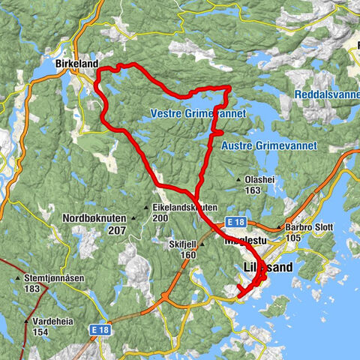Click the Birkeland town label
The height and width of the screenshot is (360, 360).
coord(76,65)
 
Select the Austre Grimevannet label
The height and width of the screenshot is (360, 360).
coord(270,145)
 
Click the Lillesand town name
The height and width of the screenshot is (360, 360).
coord(268,268)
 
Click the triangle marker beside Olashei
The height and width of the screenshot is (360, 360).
coord(239,180)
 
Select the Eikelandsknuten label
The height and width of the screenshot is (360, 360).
coord(184,208)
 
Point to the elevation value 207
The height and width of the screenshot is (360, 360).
coord(116,229)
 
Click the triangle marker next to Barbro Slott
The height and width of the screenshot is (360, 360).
coord(279,227)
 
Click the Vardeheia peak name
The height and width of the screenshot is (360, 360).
coord(52,320)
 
